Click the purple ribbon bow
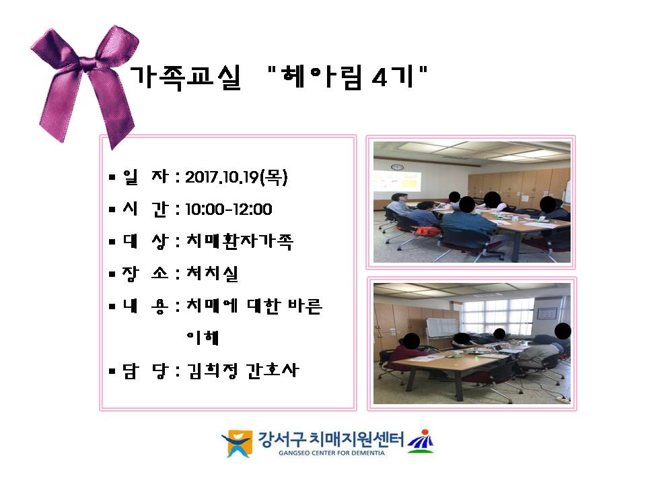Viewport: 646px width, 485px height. pos(85,82)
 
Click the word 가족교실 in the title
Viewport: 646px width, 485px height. pos(185,77)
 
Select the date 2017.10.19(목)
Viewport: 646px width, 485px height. pos(236,177)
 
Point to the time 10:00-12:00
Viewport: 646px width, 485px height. pos(229,209)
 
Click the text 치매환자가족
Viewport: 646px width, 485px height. pos(240,241)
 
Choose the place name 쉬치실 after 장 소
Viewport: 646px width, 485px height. pos(212,273)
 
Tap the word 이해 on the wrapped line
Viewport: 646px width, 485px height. pos(203,337)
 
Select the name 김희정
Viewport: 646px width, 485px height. pos(212,370)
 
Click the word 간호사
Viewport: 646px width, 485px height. pos(273,370)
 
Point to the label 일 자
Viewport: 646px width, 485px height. pos(145,177)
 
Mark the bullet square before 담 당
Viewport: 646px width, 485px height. pos(112,371)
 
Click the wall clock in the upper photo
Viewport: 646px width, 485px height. pos(397,167)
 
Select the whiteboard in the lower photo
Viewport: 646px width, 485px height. pos(442,329)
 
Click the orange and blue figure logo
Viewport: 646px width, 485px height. pos(237,443)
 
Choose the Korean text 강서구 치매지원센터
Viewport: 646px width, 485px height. pos(331,439)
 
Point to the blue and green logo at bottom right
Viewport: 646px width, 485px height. pos(420,441)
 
